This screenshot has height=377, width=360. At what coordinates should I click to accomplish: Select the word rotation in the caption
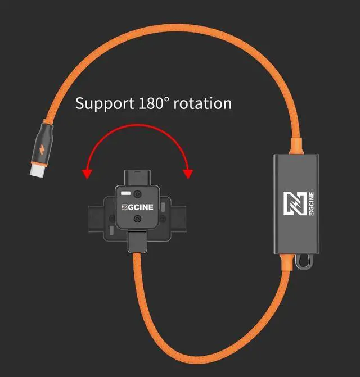coord(203,104)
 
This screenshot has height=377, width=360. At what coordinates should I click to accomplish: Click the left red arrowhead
coord(87,173)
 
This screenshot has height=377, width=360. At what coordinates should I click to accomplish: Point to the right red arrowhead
coord(188,173)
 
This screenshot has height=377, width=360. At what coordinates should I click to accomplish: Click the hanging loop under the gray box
coord(305,262)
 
